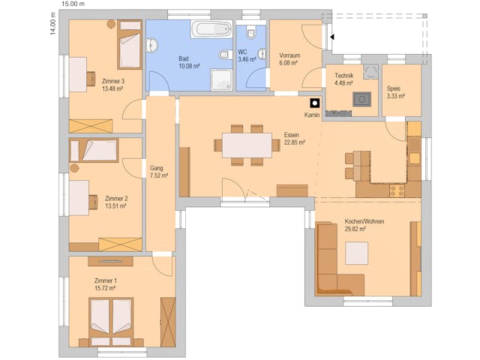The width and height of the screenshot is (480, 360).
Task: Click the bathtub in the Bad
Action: [211, 28]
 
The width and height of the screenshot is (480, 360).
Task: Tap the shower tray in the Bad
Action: [221, 79]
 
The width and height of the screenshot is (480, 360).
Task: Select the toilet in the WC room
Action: [251, 32]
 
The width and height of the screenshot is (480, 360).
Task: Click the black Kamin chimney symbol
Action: [315, 103]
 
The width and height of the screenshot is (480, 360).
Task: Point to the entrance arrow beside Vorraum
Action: [331, 37]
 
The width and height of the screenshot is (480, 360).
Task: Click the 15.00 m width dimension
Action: [73, 4]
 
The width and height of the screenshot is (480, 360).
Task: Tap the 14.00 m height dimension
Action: [52, 23]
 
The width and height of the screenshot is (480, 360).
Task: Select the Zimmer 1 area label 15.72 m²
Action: [105, 288]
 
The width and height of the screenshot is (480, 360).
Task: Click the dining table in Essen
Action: [247, 145]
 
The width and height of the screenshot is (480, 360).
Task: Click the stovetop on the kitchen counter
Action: [397, 190]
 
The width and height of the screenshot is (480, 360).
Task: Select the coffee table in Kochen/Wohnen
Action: [357, 253]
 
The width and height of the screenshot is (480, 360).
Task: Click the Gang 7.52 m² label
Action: [159, 172]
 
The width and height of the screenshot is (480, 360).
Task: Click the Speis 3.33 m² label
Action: [396, 92]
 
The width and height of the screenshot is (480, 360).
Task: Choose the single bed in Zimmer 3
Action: [130, 45]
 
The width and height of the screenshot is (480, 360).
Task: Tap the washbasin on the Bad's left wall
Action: [151, 46]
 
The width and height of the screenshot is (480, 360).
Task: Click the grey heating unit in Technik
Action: [361, 99]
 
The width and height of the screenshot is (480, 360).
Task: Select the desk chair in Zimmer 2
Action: [93, 202]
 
